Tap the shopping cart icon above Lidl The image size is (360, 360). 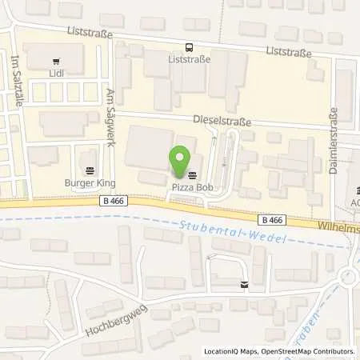[x=55, y=60]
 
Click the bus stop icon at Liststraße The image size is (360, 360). [x=189, y=47]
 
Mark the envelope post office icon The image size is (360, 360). [x=244, y=285]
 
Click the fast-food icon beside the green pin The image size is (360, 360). [x=192, y=174]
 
